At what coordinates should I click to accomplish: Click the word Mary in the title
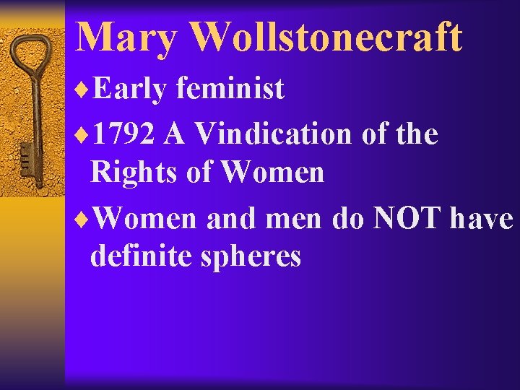point(123,38)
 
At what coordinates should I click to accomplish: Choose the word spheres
point(256,257)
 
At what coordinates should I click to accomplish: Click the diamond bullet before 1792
point(82,134)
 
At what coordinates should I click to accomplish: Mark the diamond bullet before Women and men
point(82,219)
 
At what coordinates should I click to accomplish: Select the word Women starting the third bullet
point(144,218)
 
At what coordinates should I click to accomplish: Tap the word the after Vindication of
point(416,134)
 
